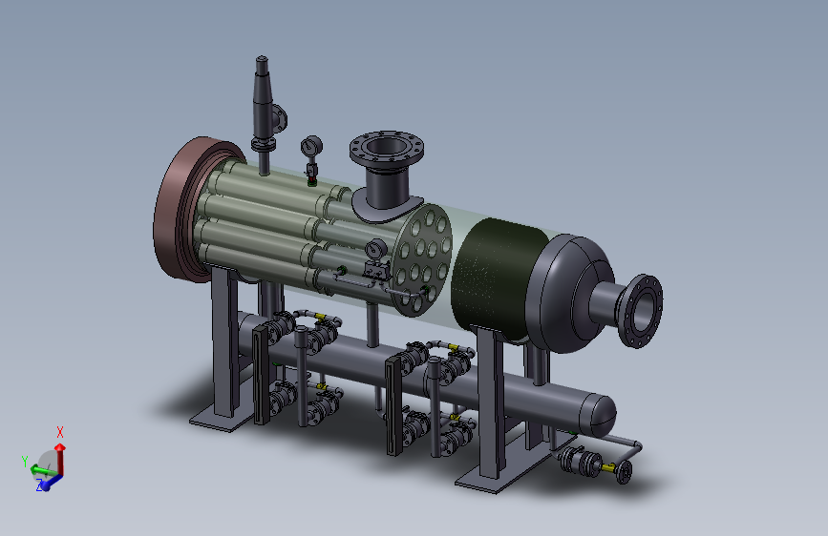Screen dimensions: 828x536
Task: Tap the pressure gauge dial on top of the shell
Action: [311, 146]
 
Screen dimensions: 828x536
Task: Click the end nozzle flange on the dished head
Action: [641, 311]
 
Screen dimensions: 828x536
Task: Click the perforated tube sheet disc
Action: [422, 259]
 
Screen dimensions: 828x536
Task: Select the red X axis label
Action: [59, 432]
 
